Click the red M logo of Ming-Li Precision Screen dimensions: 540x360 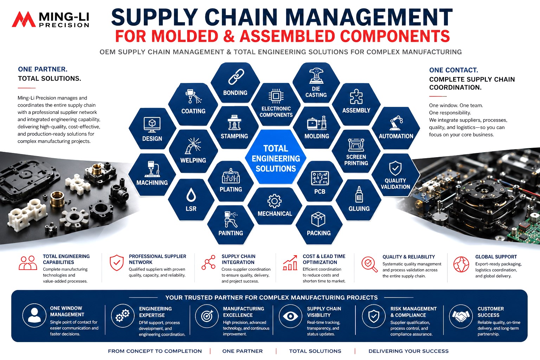pyautogui.click(x=24, y=19)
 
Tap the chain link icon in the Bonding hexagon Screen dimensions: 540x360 pyautogui.click(x=236, y=77)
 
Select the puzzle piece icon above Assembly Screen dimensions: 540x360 pyautogui.click(x=356, y=96)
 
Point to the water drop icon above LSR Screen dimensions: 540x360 pyautogui.click(x=191, y=194)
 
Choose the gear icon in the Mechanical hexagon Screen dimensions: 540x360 pyautogui.click(x=274, y=201)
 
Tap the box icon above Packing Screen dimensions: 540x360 pyautogui.click(x=318, y=219)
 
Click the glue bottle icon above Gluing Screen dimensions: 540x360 pyautogui.click(x=359, y=194)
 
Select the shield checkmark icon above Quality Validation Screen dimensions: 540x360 pyautogui.click(x=395, y=168)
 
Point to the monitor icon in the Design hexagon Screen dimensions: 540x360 pyautogui.click(x=152, y=124)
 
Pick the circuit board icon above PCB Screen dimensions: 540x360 pyautogui.click(x=320, y=178)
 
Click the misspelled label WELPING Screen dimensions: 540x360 pyautogui.click(x=193, y=160)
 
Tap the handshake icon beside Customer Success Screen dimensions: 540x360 pyautogui.click(x=461, y=316)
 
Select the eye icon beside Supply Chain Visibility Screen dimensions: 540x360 pyautogui.click(x=290, y=316)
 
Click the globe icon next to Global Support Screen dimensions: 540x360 pyautogui.click(x=461, y=264)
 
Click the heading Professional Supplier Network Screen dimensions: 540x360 pyautogui.click(x=157, y=259)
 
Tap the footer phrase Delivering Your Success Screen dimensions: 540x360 pyautogui.click(x=409, y=351)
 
